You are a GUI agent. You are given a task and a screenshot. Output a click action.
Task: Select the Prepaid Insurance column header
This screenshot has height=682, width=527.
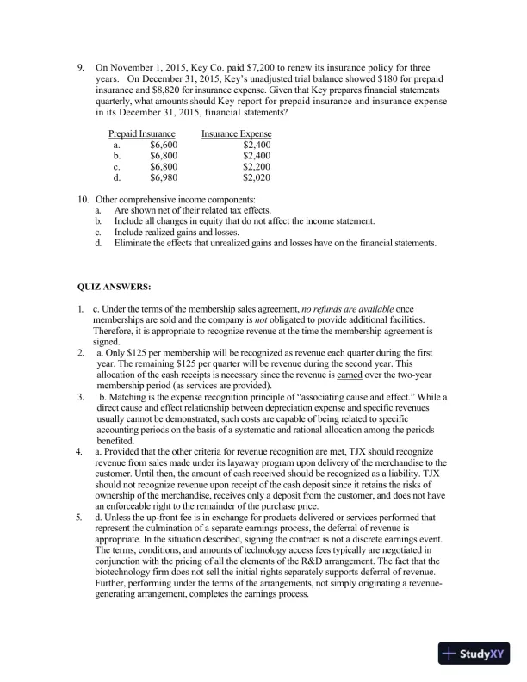(142, 134)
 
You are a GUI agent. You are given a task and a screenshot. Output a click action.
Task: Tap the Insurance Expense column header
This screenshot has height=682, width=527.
(236, 134)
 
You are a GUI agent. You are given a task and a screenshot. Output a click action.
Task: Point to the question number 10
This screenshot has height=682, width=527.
(84, 200)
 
